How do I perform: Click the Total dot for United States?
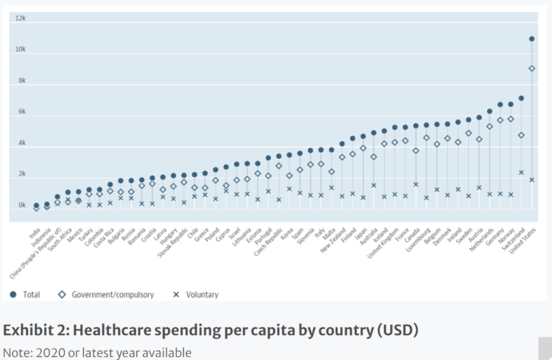532,39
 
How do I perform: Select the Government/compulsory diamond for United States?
532,68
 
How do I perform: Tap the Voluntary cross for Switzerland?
521,172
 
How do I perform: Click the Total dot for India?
36,205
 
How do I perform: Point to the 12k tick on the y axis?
21,18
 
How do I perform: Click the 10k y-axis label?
21,49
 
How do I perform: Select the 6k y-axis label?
21,112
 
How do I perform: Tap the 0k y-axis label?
21,206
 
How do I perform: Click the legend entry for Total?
25,293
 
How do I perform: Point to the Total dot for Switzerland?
521,98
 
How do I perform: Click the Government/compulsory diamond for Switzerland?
521,135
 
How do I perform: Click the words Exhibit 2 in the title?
39,331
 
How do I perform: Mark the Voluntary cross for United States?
532,180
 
